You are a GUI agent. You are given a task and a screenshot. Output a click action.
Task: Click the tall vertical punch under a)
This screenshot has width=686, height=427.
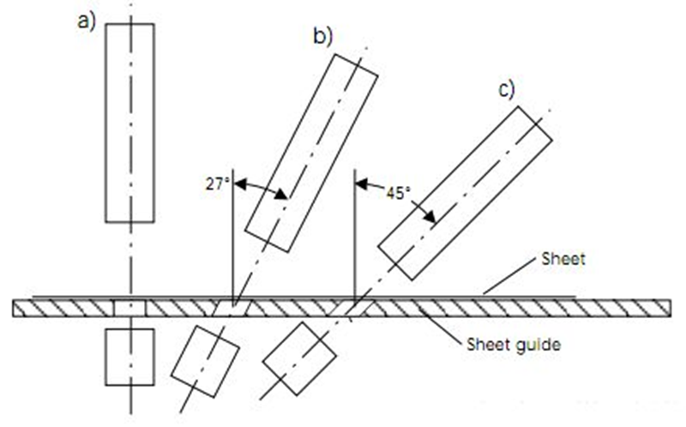coord(129,122)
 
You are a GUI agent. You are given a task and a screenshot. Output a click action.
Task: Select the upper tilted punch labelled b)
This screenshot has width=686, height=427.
coord(311,152)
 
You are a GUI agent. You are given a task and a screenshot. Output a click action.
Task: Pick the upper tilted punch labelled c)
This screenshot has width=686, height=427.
coord(466,196)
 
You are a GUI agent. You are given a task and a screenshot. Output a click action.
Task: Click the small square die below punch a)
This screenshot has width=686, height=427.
coord(129,357)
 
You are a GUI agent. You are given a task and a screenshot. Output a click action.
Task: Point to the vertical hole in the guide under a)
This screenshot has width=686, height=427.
coord(130,308)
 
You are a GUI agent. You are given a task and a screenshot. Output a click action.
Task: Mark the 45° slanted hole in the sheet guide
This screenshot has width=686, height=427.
coord(352,308)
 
